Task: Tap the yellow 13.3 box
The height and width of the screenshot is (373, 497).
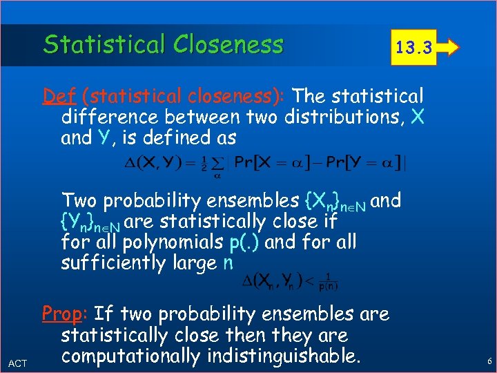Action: click(413, 48)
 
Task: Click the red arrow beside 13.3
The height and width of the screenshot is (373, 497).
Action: click(450, 48)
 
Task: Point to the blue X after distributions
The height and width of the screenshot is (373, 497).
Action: click(416, 116)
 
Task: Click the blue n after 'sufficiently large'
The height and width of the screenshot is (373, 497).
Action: click(228, 263)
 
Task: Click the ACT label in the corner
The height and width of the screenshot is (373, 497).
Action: click(17, 363)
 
